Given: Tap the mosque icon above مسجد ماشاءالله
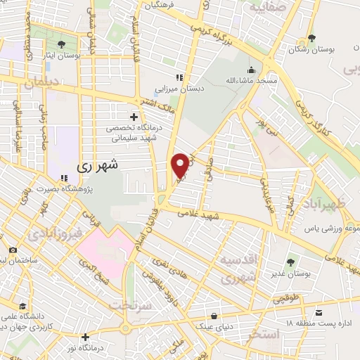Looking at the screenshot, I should click(x=250, y=70).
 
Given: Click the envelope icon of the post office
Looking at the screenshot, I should click(x=319, y=311).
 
